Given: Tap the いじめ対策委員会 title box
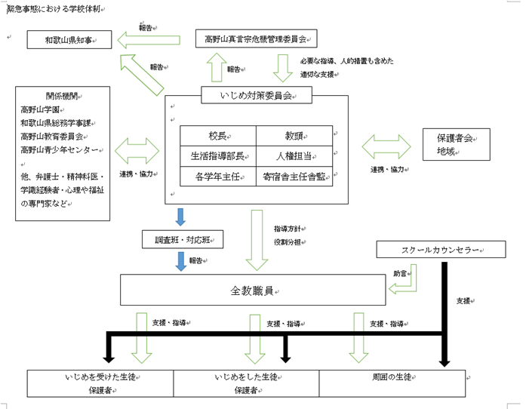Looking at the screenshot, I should [x=257, y=95].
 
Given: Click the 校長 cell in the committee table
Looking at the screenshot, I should [x=218, y=136].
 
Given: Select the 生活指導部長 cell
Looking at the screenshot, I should [x=218, y=156].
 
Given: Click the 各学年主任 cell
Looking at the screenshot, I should [x=218, y=177].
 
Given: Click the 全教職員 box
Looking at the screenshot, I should [x=252, y=291].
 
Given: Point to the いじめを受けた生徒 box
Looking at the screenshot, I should [x=101, y=383].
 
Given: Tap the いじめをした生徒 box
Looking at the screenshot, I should [x=247, y=383].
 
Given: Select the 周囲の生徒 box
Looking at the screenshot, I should [x=392, y=383].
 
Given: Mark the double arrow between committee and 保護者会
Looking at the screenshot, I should [x=387, y=146].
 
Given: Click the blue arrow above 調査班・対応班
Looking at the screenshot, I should [x=180, y=217].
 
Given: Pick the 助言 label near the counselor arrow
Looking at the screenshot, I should [x=400, y=273].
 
